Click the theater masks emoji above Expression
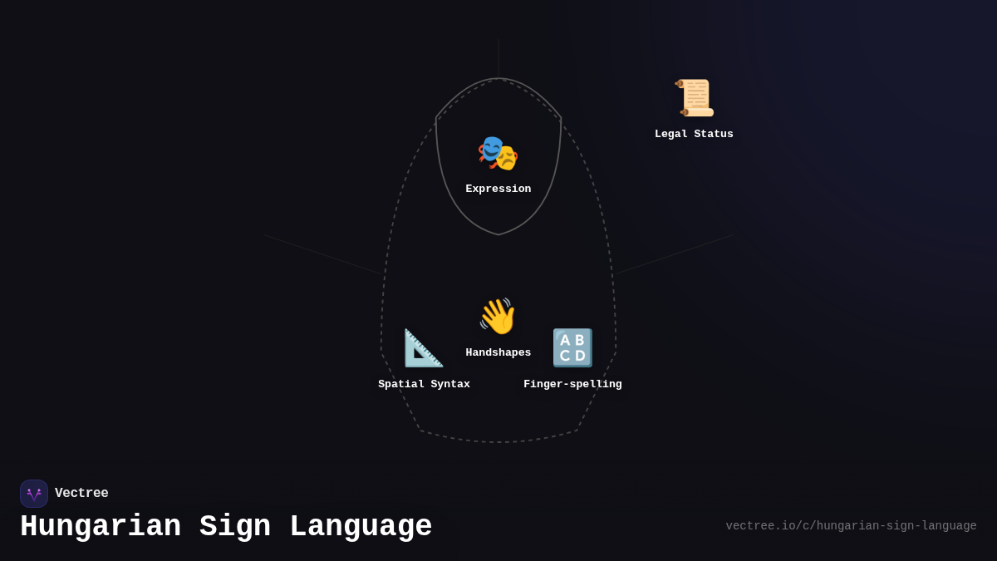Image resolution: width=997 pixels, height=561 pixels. [498, 153]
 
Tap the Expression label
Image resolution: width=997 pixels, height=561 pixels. [498, 189]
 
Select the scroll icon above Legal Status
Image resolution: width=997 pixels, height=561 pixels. [694, 98]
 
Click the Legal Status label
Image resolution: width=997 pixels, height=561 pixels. [694, 134]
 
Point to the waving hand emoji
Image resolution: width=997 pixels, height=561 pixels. [498, 317]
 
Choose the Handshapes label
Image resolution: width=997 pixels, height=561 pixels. [498, 352]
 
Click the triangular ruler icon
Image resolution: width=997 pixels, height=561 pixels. [424, 348]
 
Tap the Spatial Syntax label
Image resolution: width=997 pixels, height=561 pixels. [424, 384]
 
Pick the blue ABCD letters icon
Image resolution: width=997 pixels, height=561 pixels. [572, 348]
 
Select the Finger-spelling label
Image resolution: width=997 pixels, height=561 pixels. [572, 384]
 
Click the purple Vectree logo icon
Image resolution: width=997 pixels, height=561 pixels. [34, 494]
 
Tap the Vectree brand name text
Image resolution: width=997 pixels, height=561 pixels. [81, 494]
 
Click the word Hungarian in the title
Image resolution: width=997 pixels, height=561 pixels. [101, 527]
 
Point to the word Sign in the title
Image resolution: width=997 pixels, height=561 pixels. [234, 527]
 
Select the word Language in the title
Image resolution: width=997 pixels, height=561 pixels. [360, 527]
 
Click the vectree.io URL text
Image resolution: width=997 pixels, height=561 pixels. [851, 526]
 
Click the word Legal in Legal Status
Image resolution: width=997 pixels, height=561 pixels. [672, 134]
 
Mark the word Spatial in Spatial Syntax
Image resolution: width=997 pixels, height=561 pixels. [400, 384]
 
